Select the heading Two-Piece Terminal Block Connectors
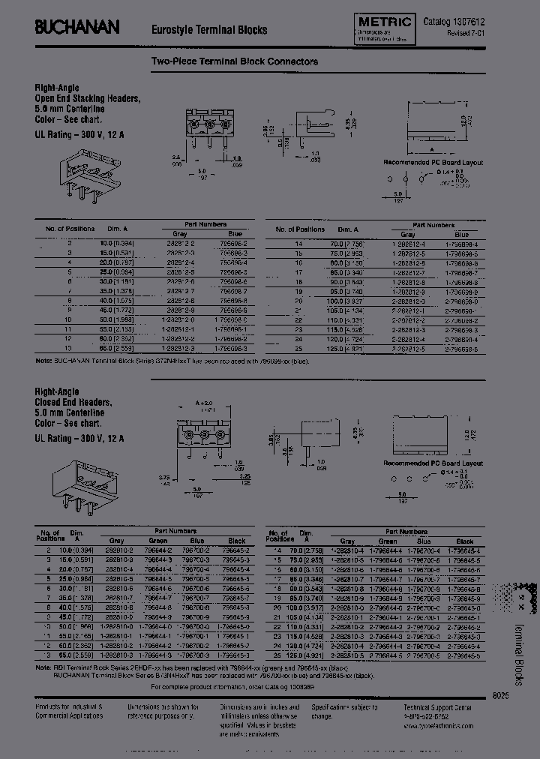pos(235,61)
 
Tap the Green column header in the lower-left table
pos(157,540)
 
